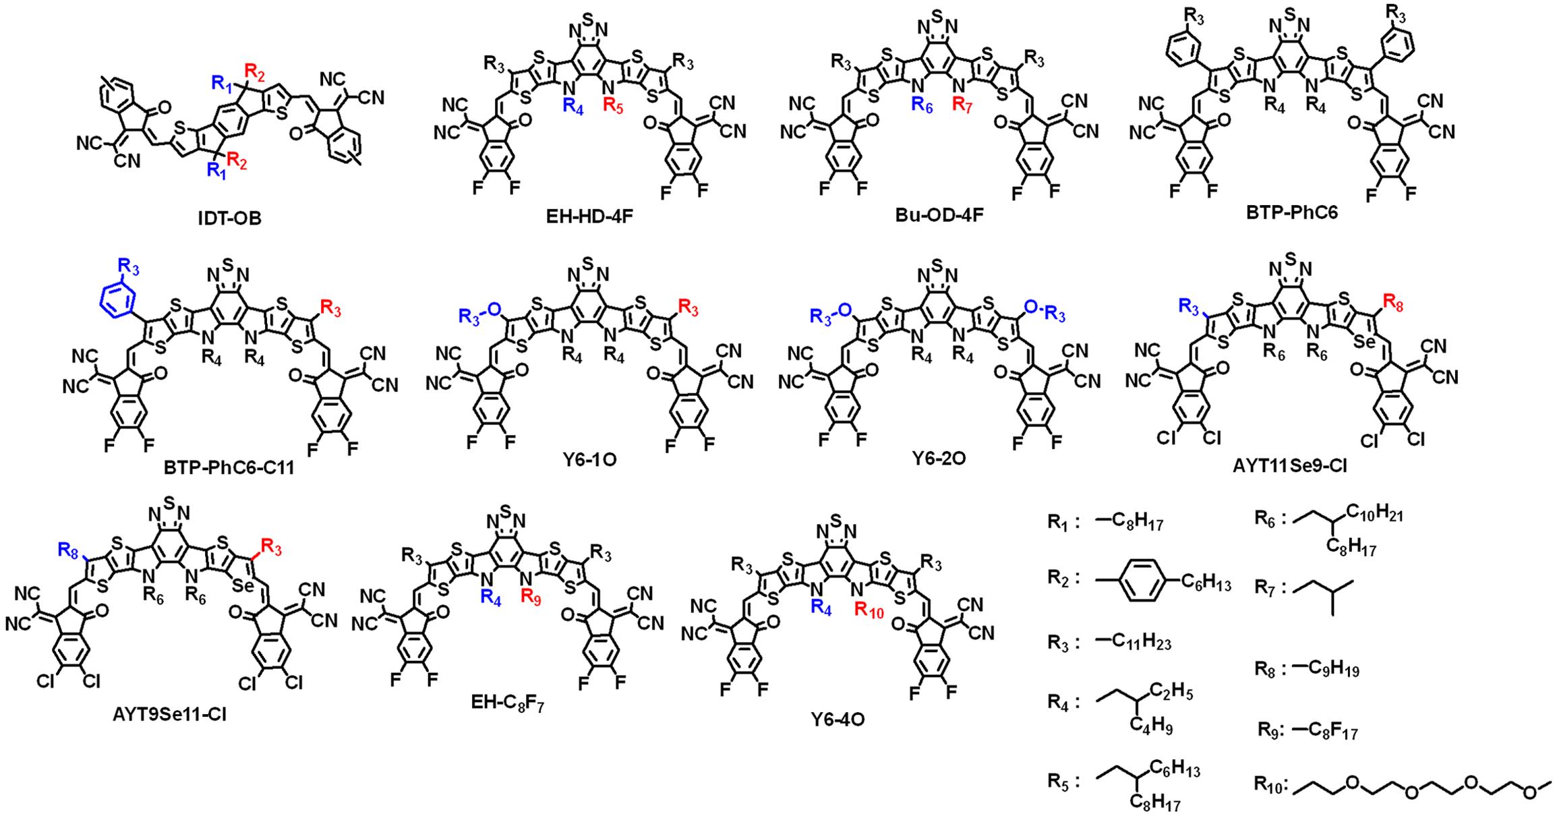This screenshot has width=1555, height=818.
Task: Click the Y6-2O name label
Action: tap(939, 459)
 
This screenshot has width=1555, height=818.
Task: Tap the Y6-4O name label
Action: tap(838, 720)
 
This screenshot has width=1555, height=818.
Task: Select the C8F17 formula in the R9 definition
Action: tap(1326, 730)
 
